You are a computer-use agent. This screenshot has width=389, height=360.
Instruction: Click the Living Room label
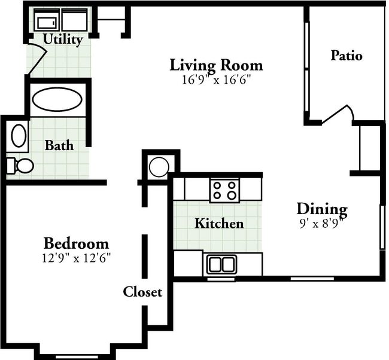pos(216,64)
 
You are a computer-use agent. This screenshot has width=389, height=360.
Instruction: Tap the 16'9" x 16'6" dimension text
pos(216,80)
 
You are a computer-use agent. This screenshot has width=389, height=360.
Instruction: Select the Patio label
pos(346,56)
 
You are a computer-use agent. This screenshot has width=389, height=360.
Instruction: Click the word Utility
pos(62,40)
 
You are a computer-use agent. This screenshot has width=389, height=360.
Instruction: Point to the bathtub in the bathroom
pos(57,100)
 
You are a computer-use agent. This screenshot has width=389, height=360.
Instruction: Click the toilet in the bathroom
pos(19,165)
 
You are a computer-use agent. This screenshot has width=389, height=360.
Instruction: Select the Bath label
pos(59,145)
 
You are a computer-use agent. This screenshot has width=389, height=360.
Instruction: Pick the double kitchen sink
pos(221,264)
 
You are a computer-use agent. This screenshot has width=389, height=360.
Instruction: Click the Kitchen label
pos(219,224)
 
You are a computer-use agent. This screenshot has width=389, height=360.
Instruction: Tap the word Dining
pos(322,209)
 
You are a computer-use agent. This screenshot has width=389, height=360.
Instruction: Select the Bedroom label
pos(76,243)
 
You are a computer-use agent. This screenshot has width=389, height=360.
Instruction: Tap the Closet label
pos(142,292)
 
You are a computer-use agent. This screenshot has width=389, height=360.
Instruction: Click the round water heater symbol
pos(159,166)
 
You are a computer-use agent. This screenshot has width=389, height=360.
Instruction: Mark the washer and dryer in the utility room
pos(60,22)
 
